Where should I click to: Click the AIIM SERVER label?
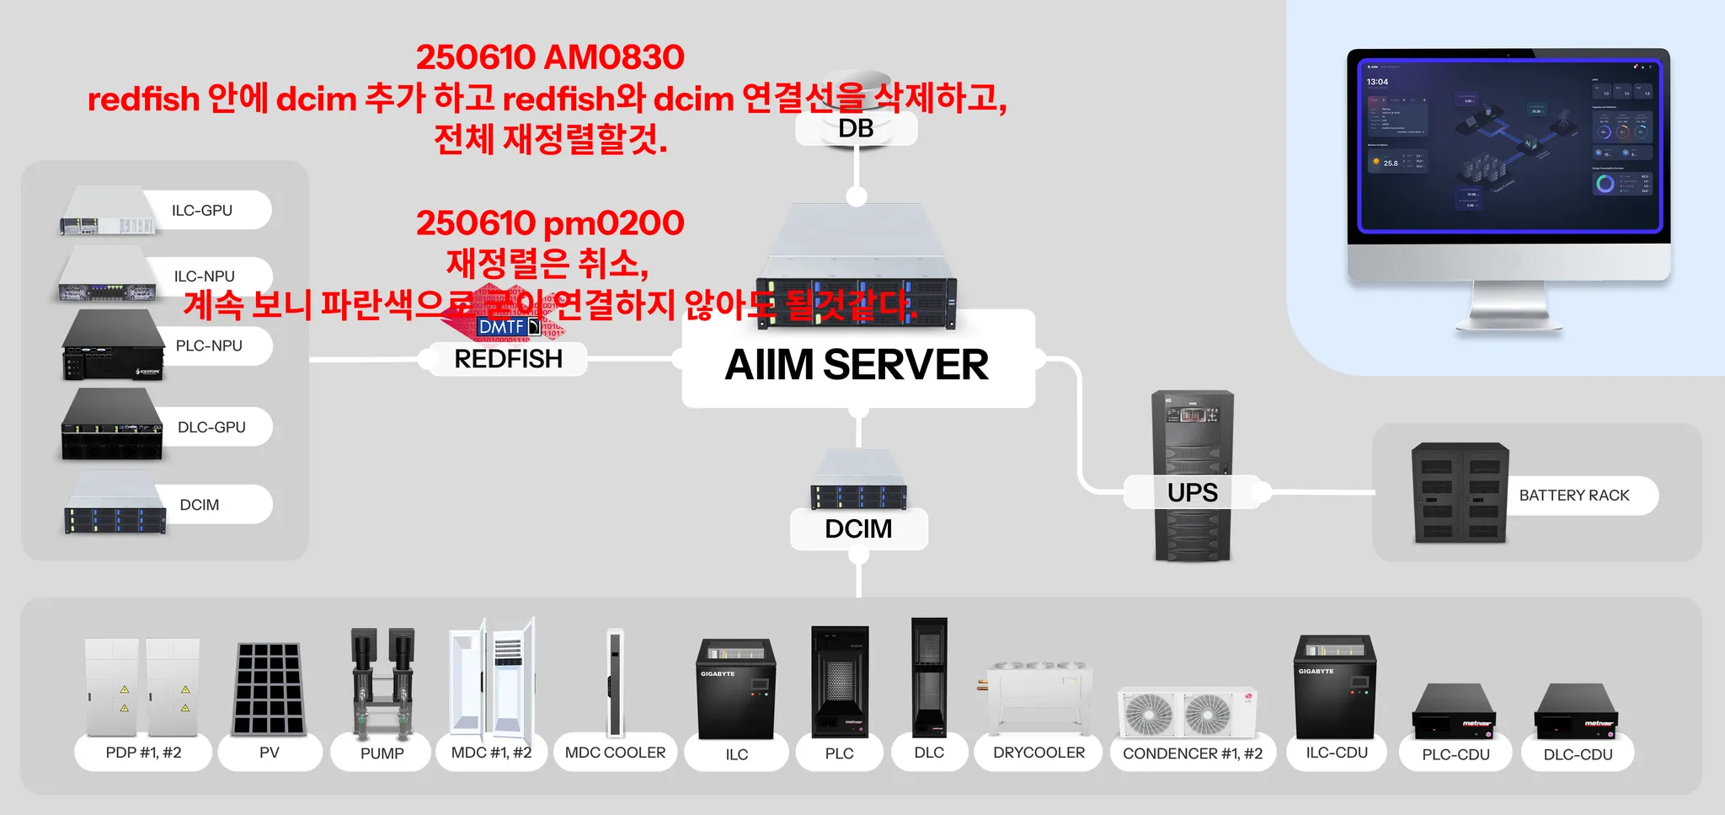point(857,365)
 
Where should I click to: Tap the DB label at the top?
point(856,129)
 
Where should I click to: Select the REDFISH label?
point(508,359)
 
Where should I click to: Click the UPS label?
point(1192,492)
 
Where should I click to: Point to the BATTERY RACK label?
point(1573,496)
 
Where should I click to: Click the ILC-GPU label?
point(202,211)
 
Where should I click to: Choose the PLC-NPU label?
point(209,346)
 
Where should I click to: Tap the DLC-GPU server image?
point(111,426)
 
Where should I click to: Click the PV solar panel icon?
point(269,688)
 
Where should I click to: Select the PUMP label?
point(382,753)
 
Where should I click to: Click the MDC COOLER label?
point(615,753)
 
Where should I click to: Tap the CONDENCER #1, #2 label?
point(1192,753)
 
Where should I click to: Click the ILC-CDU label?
point(1337,753)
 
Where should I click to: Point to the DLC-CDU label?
point(1578,754)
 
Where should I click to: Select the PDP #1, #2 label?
point(143,753)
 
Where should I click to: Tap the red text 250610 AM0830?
point(550,57)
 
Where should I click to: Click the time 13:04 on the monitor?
point(1377,82)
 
